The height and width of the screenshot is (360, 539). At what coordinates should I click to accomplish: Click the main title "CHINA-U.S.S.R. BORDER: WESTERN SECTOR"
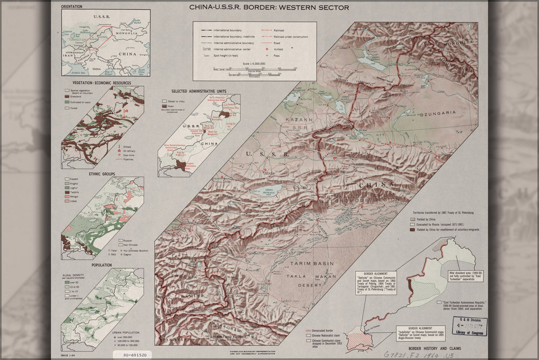pyautogui.click(x=269, y=8)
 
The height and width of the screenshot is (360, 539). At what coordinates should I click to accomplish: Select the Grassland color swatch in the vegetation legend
pyautogui.click(x=66, y=96)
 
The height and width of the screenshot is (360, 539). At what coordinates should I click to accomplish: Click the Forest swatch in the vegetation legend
pyautogui.click(x=66, y=109)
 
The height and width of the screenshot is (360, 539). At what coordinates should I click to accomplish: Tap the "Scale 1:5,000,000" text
pyautogui.click(x=255, y=64)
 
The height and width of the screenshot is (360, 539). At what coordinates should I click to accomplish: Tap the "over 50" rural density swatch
pyautogui.click(x=66, y=282)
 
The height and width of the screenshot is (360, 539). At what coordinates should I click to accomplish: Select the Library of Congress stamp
pyautogui.click(x=470, y=326)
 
